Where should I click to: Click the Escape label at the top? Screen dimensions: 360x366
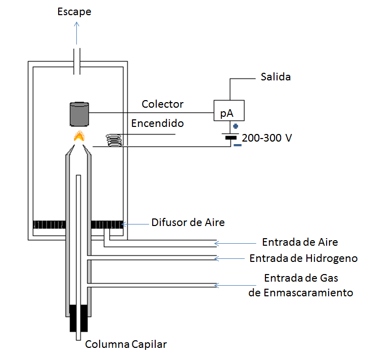pos(75,11)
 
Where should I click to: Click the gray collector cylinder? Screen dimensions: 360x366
pos(78,114)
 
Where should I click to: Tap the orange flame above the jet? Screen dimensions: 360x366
pos(78,137)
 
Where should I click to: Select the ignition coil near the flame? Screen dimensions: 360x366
pos(114,140)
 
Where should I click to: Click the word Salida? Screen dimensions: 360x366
pos(276,77)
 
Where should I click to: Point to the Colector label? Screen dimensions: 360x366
pos(162,104)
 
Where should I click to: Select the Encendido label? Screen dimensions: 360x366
pos(157,123)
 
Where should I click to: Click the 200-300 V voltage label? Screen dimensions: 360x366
pos(267,138)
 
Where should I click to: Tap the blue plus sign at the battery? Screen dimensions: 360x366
pos(235,126)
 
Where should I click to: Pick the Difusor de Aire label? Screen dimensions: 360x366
pos(188,222)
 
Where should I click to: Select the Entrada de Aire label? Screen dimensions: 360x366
pos(300,242)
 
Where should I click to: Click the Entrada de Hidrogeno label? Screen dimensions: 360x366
pos(303,258)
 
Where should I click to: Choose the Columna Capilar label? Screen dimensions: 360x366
pos(126,345)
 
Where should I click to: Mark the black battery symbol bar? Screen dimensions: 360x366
pos(231,137)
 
